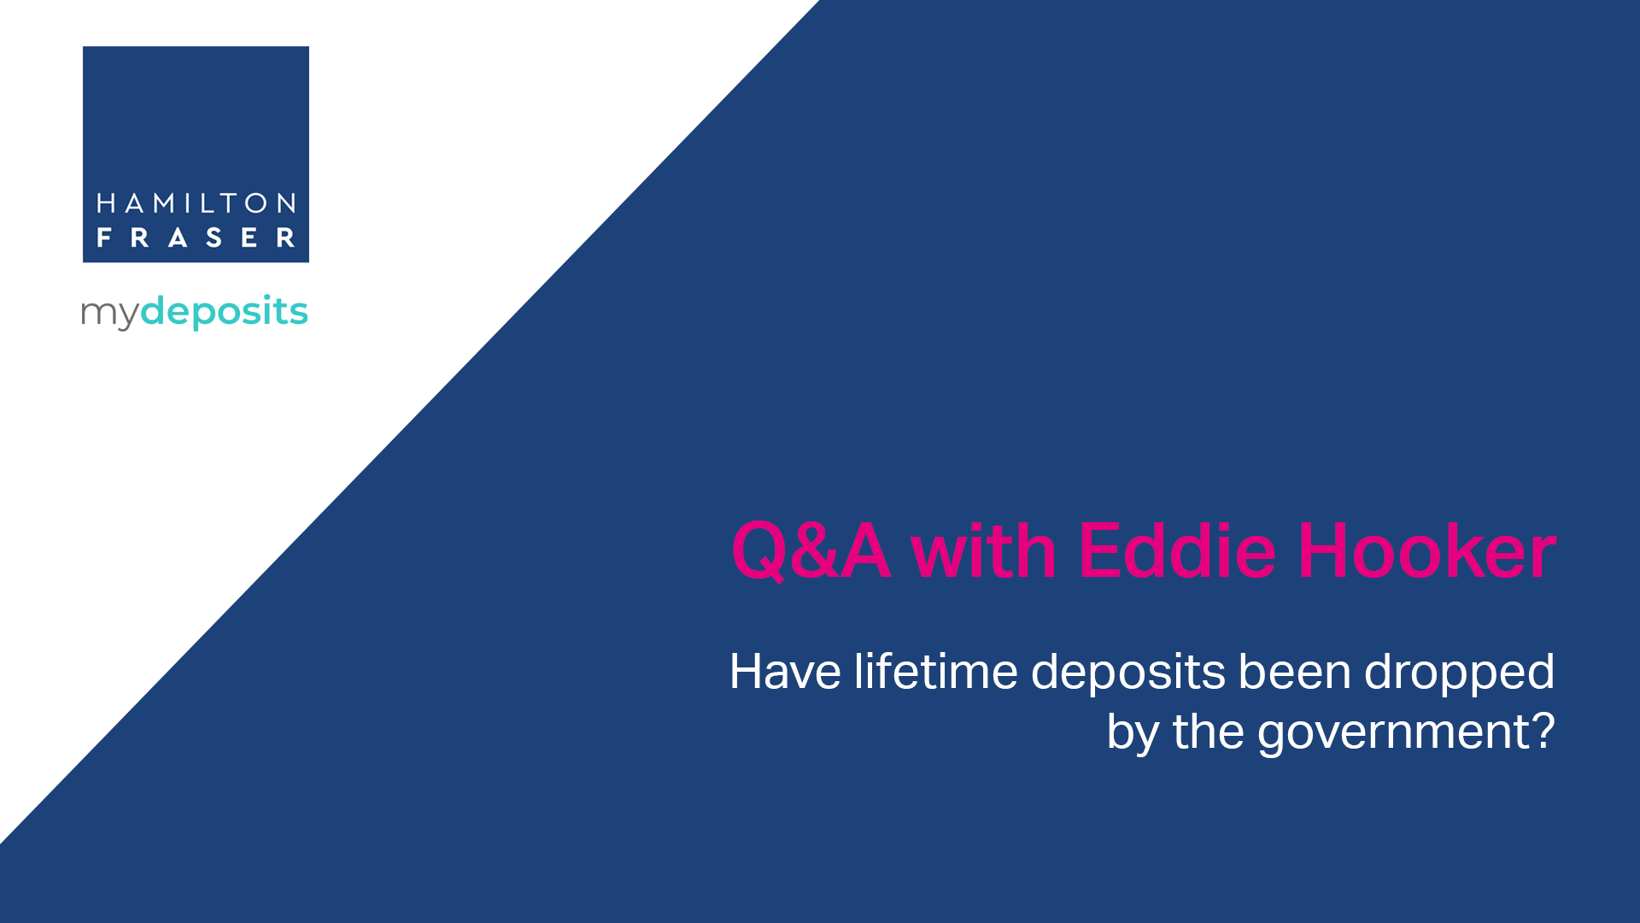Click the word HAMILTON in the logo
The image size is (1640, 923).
coord(196,203)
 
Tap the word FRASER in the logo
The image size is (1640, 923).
coord(196,237)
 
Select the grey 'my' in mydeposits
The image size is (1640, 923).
coord(109,314)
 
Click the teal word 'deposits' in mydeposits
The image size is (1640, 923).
coord(224,311)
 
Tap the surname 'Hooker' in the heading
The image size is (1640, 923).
coord(1427,551)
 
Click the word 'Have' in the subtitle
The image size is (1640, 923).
coord(785,672)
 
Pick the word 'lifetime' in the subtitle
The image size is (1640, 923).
coord(935,672)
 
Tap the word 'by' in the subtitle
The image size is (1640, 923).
coord(1133,733)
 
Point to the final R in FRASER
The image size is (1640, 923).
coord(286,238)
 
